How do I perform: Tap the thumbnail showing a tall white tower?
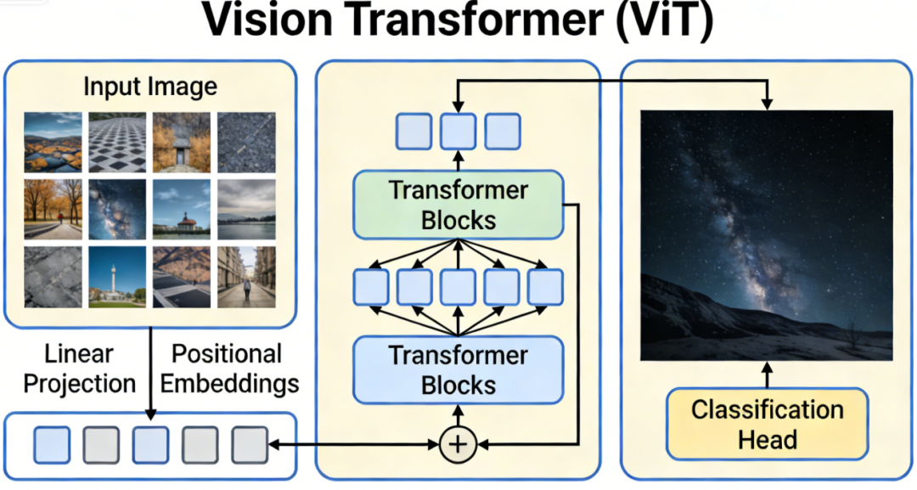point(118,277)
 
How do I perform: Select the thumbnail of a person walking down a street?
point(246,277)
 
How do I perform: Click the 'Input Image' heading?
point(150,87)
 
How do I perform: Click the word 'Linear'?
point(79,353)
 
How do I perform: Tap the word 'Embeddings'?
point(229,383)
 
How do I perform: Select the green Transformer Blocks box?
point(458,204)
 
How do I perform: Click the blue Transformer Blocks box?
point(458,369)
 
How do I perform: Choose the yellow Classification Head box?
point(767,424)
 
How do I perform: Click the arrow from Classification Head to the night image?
point(767,375)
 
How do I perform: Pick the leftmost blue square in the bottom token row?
point(52,444)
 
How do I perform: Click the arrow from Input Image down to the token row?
point(150,374)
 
